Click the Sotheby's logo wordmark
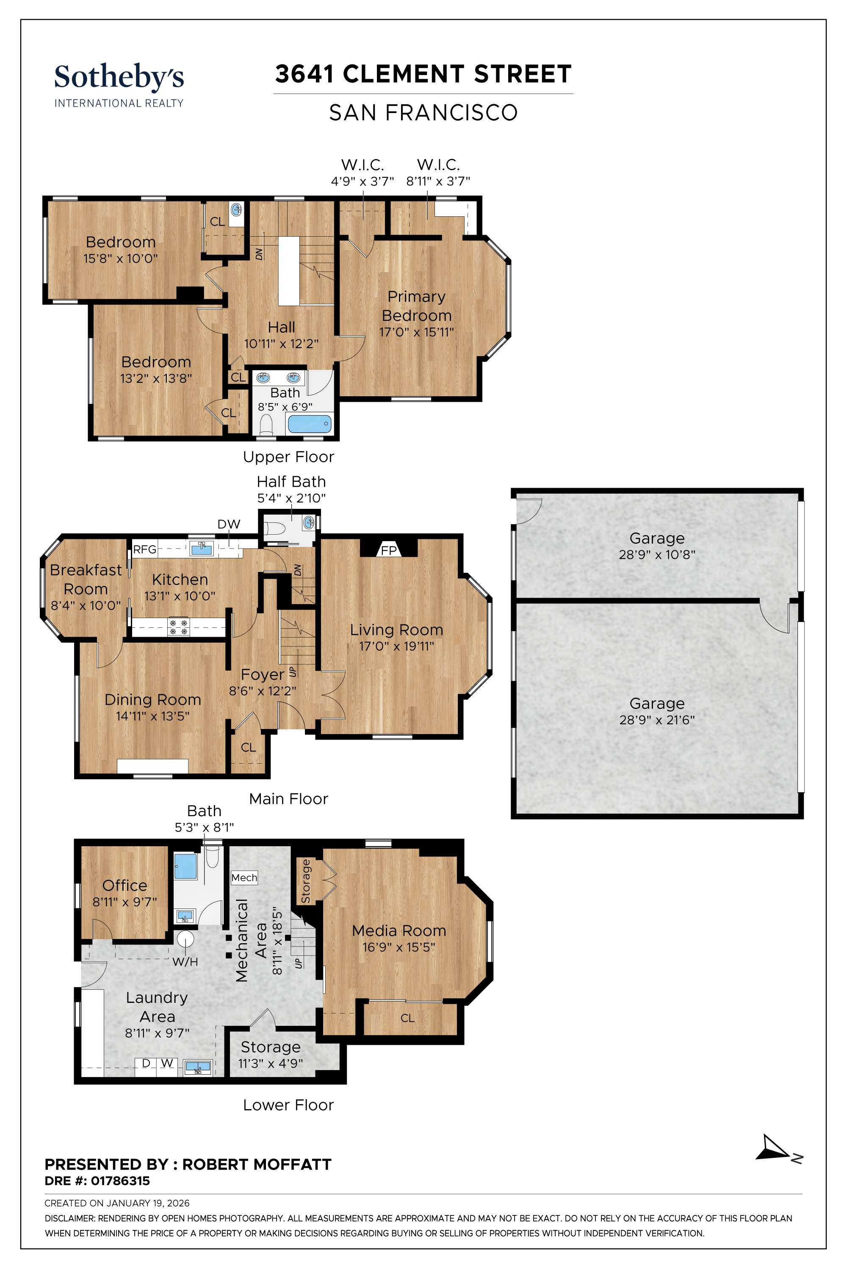(119, 77)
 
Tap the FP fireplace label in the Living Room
(389, 550)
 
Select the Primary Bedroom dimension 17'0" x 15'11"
(416, 331)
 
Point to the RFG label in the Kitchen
(145, 549)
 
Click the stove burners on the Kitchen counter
(179, 627)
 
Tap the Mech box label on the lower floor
(244, 878)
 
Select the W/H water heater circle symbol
(185, 939)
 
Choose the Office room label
(125, 885)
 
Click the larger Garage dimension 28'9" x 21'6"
(657, 719)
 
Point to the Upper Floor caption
(288, 457)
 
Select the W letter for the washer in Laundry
(167, 1063)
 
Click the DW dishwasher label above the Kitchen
(229, 524)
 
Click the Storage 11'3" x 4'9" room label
(271, 1047)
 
